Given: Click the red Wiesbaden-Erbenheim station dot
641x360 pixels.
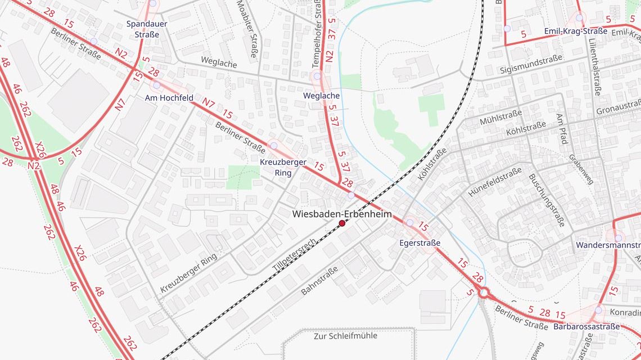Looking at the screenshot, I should point(342,223).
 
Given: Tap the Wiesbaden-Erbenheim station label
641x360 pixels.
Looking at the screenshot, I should point(342,214).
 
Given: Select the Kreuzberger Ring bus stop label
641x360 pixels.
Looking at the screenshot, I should point(283,168).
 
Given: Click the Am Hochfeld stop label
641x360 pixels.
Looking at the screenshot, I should point(169,98).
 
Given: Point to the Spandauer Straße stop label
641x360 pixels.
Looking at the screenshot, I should point(143,29).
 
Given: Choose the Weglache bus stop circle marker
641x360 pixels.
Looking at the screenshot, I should point(317,76).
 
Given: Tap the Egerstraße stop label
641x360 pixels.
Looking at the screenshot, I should point(419,243).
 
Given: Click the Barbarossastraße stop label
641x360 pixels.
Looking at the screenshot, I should point(586,326).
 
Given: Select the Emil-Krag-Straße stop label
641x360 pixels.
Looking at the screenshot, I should point(576,31).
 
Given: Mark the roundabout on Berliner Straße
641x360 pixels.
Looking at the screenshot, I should point(484,292).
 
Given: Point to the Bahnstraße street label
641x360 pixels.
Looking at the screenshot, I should point(319,281).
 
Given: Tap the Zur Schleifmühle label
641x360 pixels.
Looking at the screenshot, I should point(345,336).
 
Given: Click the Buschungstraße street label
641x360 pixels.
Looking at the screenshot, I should point(545,200).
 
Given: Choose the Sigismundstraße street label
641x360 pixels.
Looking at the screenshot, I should point(531,70).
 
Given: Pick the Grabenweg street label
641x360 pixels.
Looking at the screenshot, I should point(581,169).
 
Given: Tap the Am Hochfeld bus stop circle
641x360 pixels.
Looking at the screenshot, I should point(156,85).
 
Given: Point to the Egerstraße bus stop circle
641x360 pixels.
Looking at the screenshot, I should point(410,223).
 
